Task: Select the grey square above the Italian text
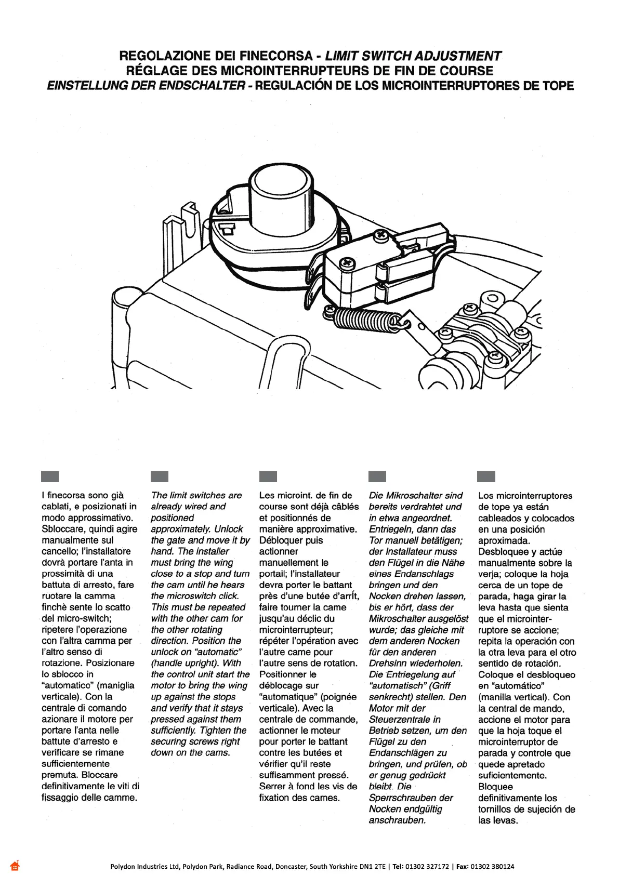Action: [50, 476]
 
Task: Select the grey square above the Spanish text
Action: [486, 476]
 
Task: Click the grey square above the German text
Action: [377, 476]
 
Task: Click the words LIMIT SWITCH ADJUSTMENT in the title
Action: [413, 56]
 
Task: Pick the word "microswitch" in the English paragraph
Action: [189, 596]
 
